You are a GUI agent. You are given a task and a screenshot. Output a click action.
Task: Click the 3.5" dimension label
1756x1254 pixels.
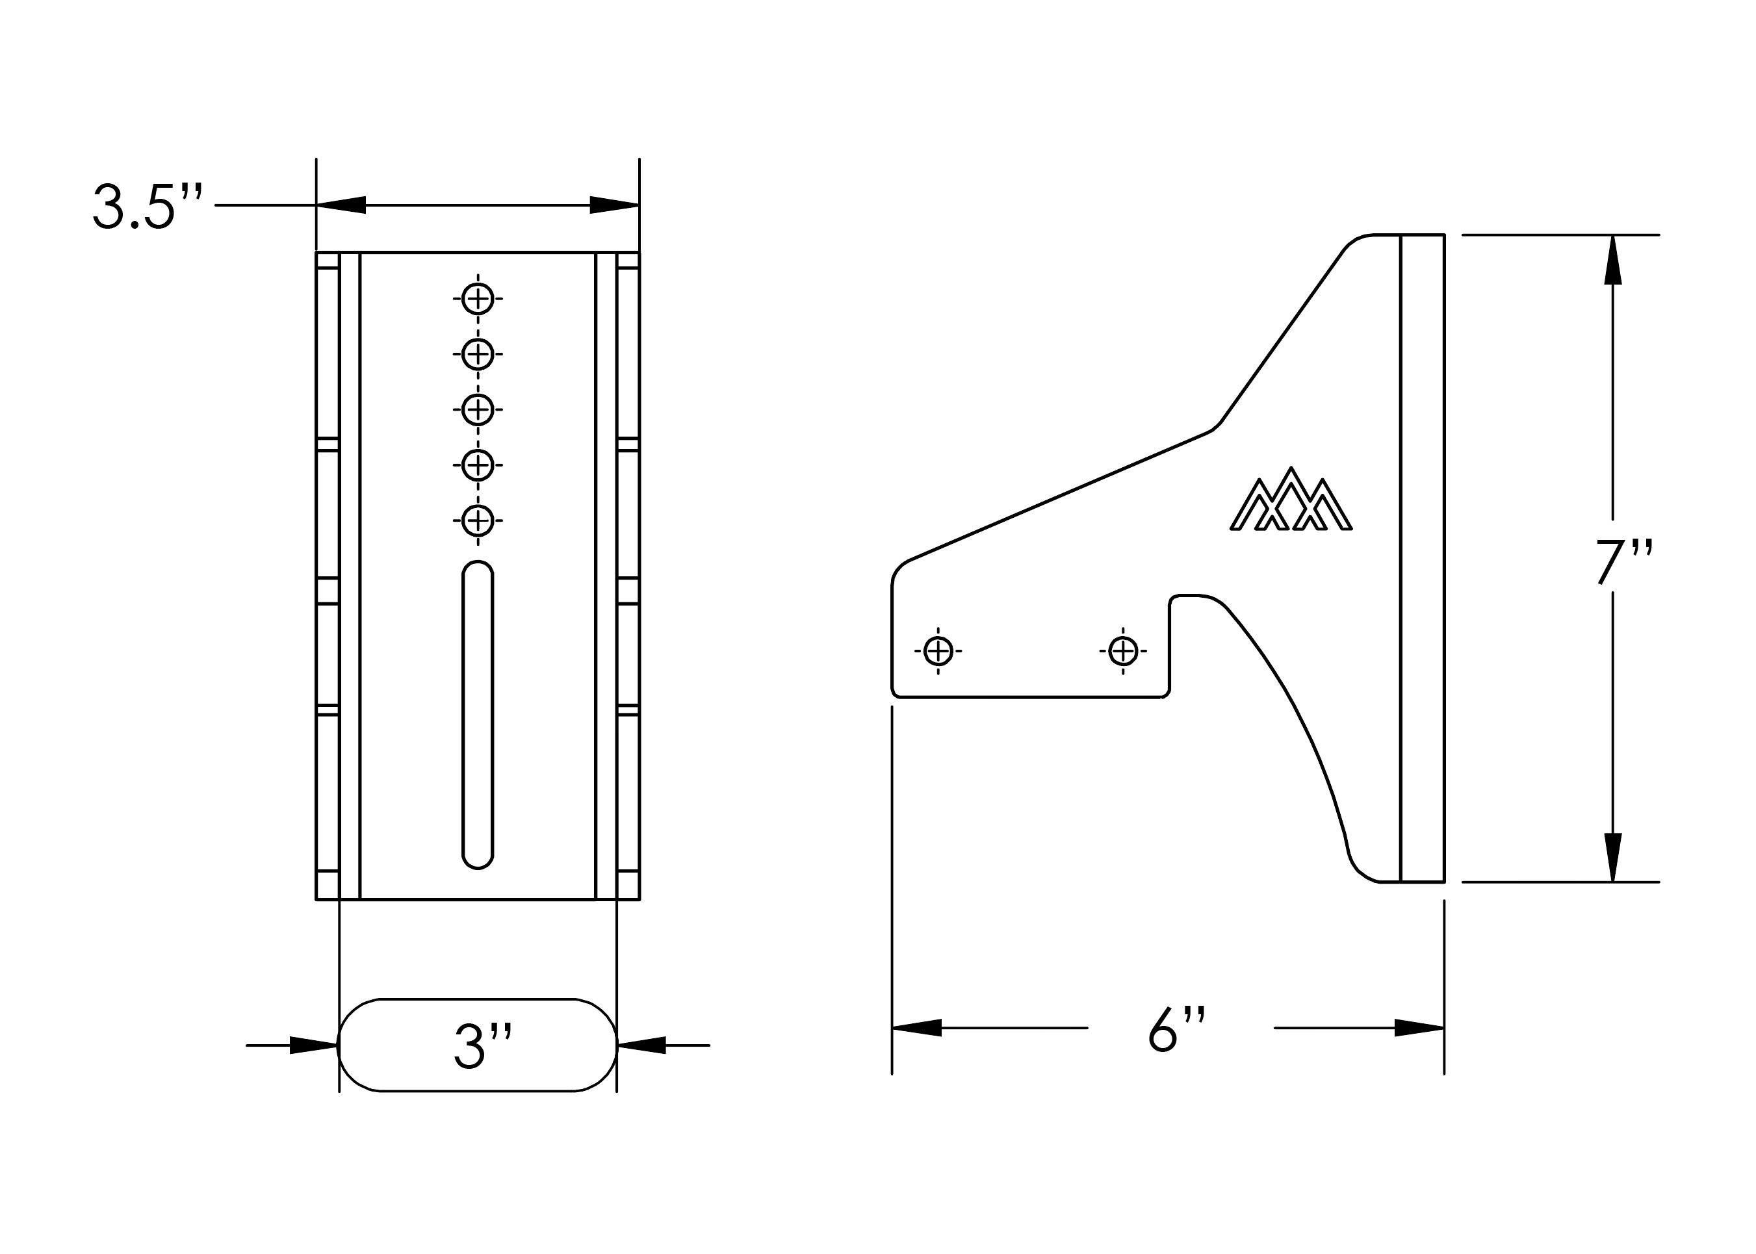[147, 205]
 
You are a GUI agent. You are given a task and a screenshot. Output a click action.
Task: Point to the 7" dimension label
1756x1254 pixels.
[1624, 561]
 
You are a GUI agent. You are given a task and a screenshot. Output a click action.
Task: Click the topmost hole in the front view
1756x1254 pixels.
[477, 299]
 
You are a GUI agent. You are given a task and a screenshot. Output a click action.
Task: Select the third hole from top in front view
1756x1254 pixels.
[477, 409]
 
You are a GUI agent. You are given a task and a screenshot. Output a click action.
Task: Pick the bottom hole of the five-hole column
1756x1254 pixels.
[477, 520]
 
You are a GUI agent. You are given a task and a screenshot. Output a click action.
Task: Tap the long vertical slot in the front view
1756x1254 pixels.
[477, 714]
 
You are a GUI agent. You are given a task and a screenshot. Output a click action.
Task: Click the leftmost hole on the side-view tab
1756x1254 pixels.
[937, 651]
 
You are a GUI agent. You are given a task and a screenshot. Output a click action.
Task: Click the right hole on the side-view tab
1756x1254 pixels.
[1123, 651]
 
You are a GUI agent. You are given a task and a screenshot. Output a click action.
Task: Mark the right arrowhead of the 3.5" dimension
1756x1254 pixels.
[614, 205]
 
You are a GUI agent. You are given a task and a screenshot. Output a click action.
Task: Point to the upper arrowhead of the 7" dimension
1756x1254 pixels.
[1612, 260]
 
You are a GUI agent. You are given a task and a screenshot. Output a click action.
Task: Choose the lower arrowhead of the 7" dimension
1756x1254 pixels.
[1612, 856]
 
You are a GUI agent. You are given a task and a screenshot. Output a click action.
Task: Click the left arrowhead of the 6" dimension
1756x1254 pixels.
[916, 1028]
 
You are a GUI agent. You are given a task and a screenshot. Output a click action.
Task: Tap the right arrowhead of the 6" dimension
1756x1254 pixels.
[1419, 1028]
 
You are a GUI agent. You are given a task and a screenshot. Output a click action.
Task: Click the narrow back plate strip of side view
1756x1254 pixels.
[1422, 557]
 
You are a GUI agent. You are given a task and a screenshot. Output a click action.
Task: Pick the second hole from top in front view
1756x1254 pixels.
[477, 353]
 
